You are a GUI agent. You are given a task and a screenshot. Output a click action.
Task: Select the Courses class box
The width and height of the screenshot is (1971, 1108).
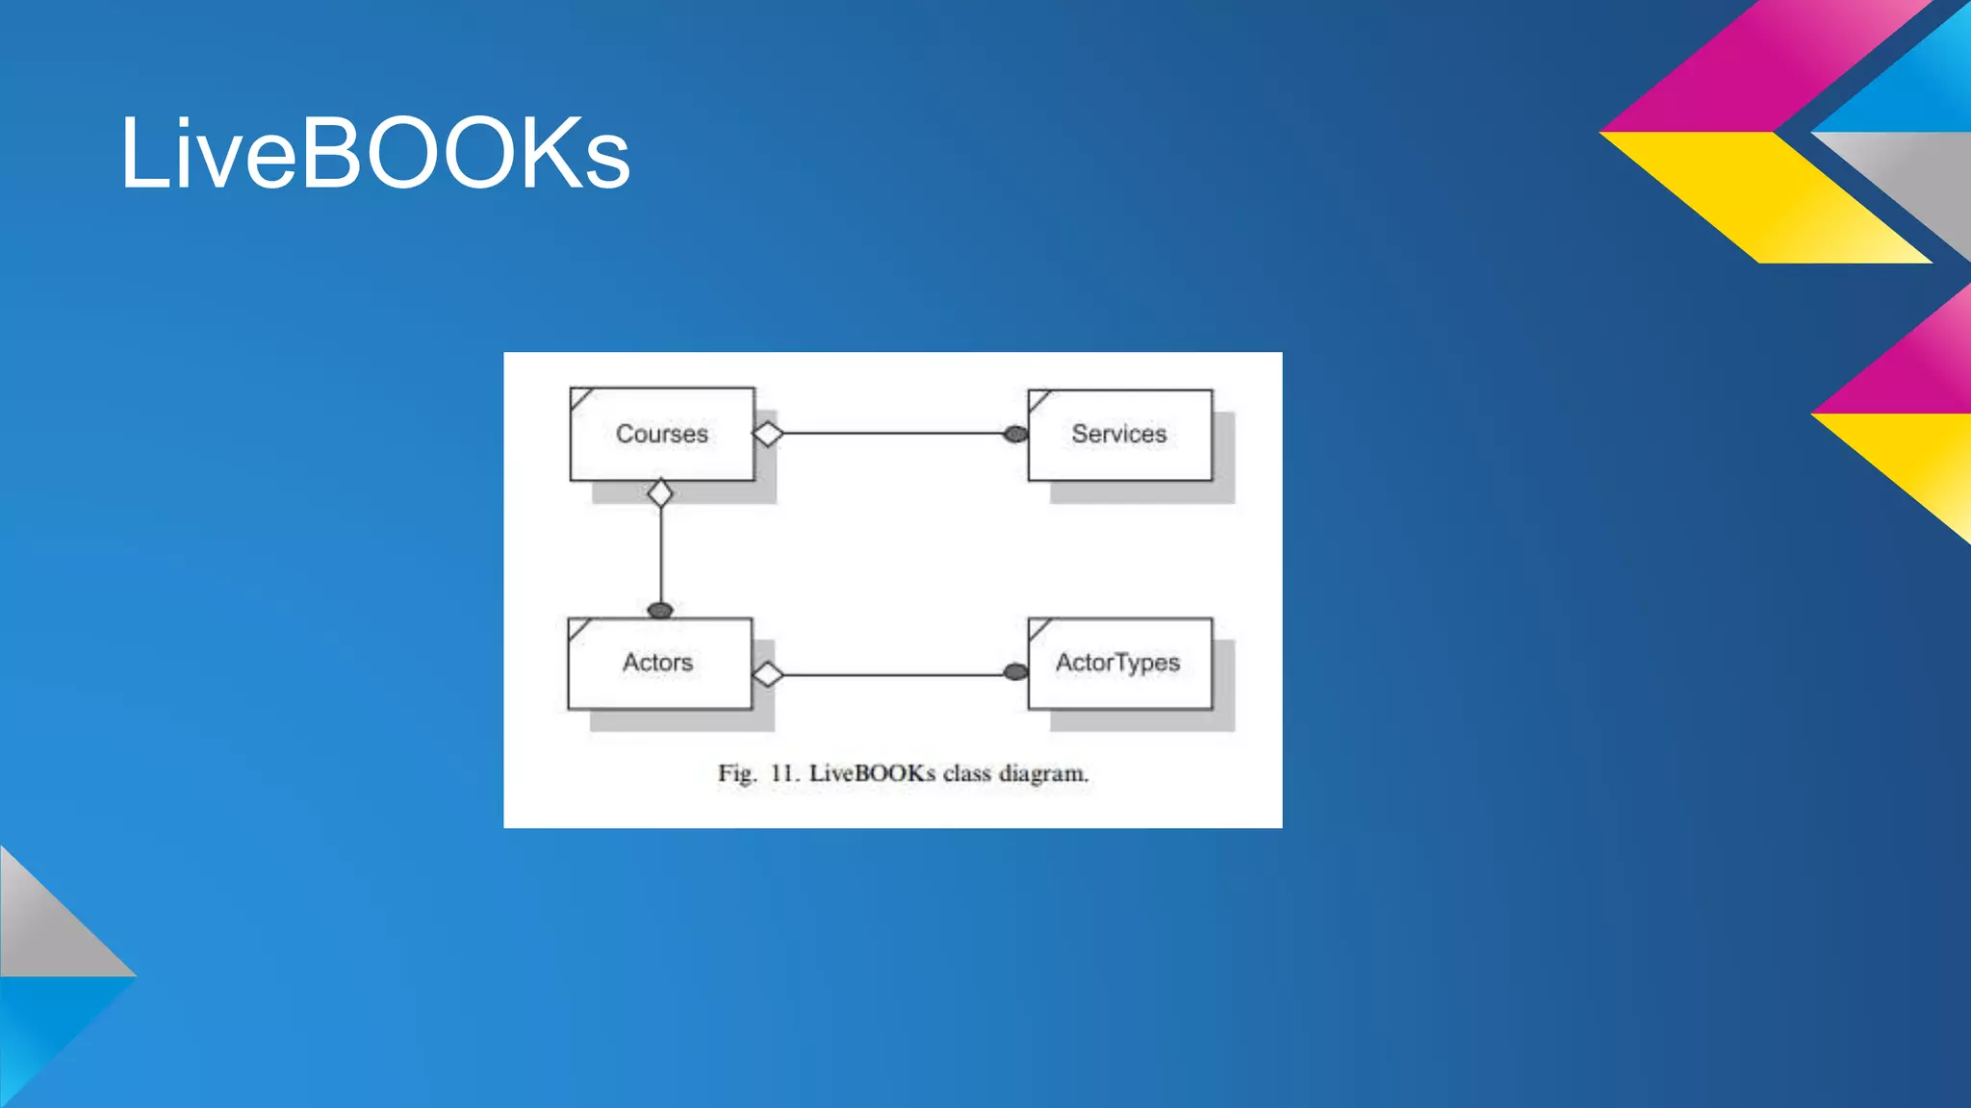tap(662, 434)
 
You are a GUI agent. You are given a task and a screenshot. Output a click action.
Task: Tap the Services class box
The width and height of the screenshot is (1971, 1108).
tap(1119, 434)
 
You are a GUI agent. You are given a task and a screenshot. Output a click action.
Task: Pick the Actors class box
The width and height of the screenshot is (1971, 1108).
tap(659, 663)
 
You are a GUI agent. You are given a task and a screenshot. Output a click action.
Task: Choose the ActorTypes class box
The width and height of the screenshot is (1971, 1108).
tap(1119, 663)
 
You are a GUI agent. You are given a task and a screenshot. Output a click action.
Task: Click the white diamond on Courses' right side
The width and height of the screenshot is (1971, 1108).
tap(768, 434)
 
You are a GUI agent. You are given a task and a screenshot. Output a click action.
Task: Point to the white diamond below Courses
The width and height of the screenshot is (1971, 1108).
tap(660, 493)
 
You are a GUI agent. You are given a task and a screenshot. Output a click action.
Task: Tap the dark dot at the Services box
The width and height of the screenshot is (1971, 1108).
tap(1015, 434)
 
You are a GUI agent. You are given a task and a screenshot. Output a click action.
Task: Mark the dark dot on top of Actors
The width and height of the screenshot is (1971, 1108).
tap(660, 610)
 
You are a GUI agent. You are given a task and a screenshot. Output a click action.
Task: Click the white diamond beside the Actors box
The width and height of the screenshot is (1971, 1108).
tap(767, 674)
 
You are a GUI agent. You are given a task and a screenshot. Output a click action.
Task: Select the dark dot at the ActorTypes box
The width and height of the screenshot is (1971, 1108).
tap(1015, 671)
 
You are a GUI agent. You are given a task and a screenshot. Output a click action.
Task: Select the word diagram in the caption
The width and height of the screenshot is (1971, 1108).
tap(1043, 774)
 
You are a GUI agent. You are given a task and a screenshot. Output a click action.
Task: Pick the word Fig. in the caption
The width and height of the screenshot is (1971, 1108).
tap(737, 773)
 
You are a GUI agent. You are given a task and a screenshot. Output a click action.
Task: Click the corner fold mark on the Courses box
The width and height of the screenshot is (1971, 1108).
tap(579, 397)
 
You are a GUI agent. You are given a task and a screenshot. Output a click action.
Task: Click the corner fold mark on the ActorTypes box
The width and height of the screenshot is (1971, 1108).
tap(1038, 628)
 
